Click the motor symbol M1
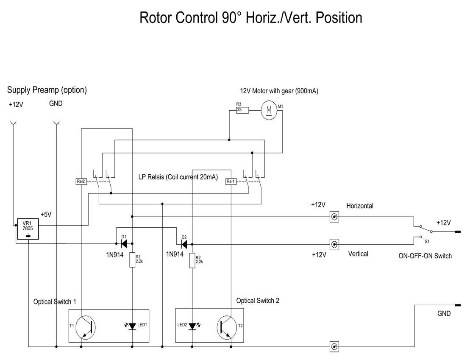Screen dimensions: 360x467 coord(268,110)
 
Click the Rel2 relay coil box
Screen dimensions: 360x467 coord(81,181)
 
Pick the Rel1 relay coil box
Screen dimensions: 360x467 coord(231,181)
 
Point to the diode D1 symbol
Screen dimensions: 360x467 coord(124,244)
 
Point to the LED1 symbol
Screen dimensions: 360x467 coord(132,326)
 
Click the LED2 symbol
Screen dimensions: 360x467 coord(193,326)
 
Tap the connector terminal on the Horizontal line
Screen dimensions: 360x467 coord(334,217)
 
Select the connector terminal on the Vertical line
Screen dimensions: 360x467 coord(334,244)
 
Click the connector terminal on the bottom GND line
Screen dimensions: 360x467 coord(334,347)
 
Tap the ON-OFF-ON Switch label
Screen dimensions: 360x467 coord(425,256)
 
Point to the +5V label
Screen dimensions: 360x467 coord(46,215)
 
